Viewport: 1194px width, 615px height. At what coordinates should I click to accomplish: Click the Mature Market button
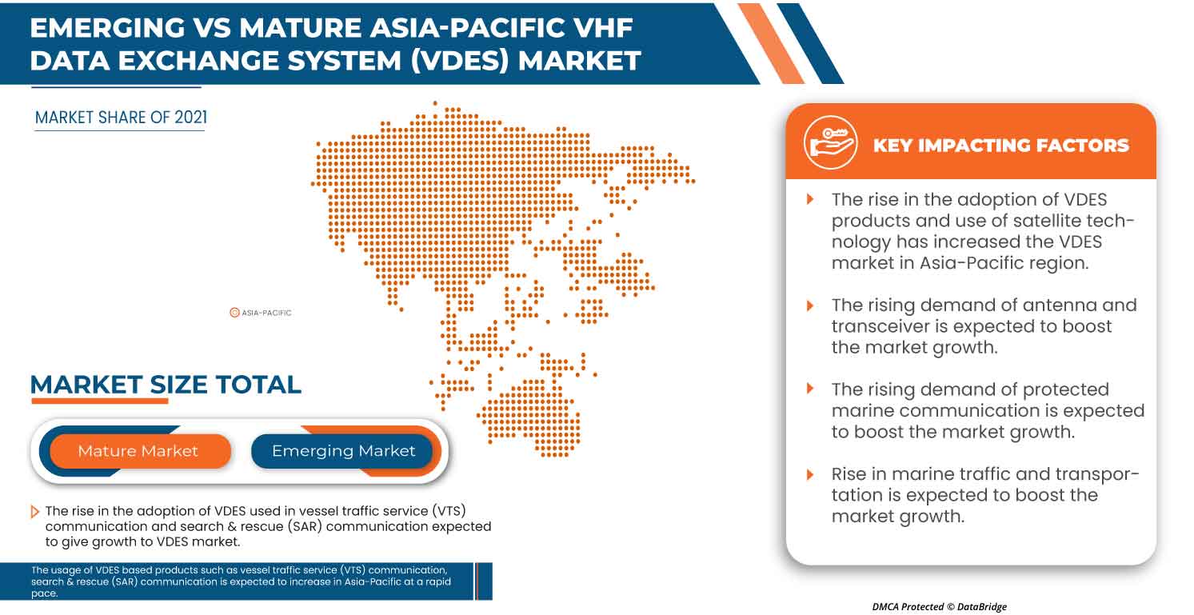click(138, 451)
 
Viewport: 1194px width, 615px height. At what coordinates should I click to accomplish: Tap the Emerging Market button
click(343, 451)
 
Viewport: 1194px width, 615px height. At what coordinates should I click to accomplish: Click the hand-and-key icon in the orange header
click(830, 142)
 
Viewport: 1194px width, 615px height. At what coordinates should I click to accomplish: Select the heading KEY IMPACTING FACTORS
click(1000, 146)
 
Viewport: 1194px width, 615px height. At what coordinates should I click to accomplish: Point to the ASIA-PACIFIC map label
click(266, 313)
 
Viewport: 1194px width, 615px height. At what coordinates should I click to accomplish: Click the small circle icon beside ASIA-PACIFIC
click(234, 313)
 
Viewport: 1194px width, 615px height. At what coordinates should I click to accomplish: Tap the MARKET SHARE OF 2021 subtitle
click(121, 118)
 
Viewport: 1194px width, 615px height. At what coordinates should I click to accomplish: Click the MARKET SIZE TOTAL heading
click(166, 385)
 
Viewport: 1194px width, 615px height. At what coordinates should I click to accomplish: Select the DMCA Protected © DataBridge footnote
click(939, 607)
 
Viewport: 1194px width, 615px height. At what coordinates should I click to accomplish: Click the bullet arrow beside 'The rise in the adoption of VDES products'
click(811, 198)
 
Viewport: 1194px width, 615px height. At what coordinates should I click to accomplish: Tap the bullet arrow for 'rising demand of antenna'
click(811, 305)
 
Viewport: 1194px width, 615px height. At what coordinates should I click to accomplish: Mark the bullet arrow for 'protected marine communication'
click(811, 389)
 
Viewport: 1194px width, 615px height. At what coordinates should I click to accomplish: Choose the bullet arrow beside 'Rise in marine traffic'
click(811, 473)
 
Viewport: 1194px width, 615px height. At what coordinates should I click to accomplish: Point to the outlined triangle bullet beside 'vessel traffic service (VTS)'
click(34, 511)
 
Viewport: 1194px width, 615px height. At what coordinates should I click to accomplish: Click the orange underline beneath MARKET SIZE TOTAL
click(100, 401)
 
